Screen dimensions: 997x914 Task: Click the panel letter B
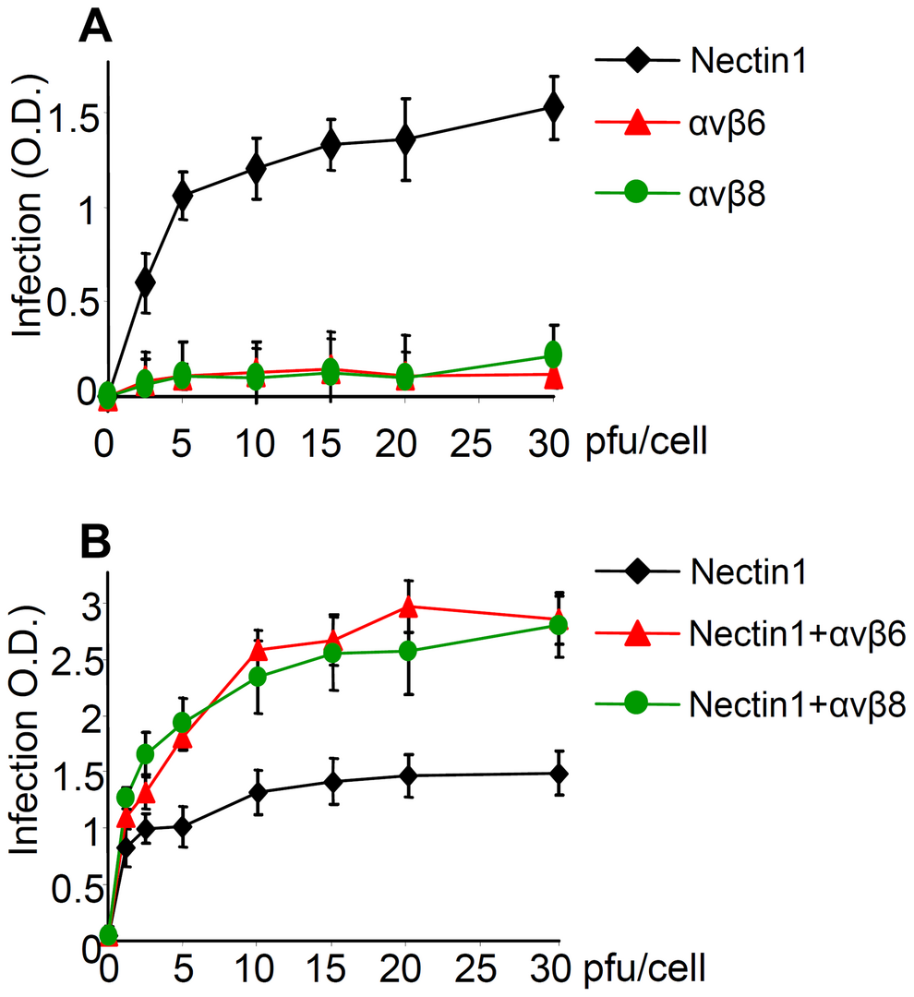click(x=96, y=544)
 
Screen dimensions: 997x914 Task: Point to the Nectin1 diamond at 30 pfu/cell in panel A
click(x=553, y=107)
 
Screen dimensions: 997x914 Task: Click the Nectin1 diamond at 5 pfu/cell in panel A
click(x=182, y=195)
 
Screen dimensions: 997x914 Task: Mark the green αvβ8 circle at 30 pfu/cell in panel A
click(x=553, y=354)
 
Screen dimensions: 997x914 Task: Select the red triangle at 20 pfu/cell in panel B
click(x=407, y=607)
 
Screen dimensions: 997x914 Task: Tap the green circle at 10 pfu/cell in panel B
click(x=258, y=677)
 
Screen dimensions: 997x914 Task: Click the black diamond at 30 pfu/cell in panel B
click(x=558, y=774)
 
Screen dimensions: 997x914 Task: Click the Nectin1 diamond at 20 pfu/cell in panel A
click(x=405, y=138)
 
